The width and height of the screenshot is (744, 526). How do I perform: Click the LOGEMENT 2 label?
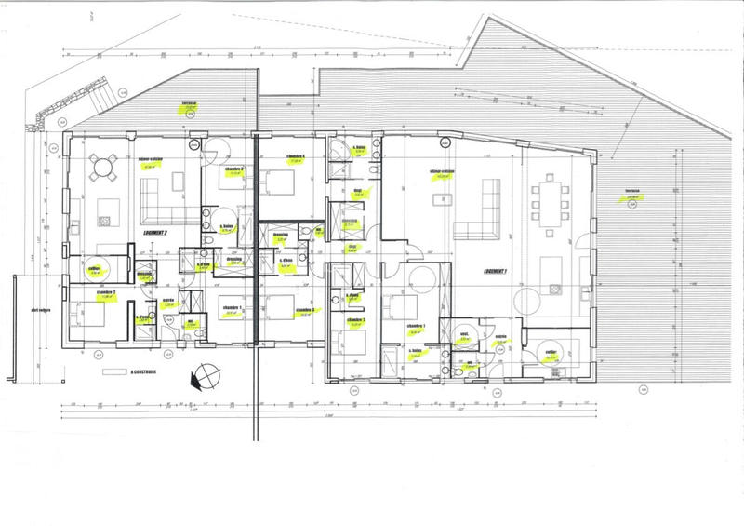point(153,235)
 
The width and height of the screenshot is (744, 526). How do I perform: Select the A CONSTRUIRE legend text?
point(142,371)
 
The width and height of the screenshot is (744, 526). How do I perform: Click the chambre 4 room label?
point(297,156)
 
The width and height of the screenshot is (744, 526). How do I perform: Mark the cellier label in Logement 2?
point(93,269)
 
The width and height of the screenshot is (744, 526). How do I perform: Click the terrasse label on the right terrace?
point(610,194)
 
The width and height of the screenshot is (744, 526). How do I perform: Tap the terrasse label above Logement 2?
point(190,105)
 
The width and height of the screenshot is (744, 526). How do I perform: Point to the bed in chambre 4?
point(277,180)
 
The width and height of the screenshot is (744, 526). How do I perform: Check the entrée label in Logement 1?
point(499,338)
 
